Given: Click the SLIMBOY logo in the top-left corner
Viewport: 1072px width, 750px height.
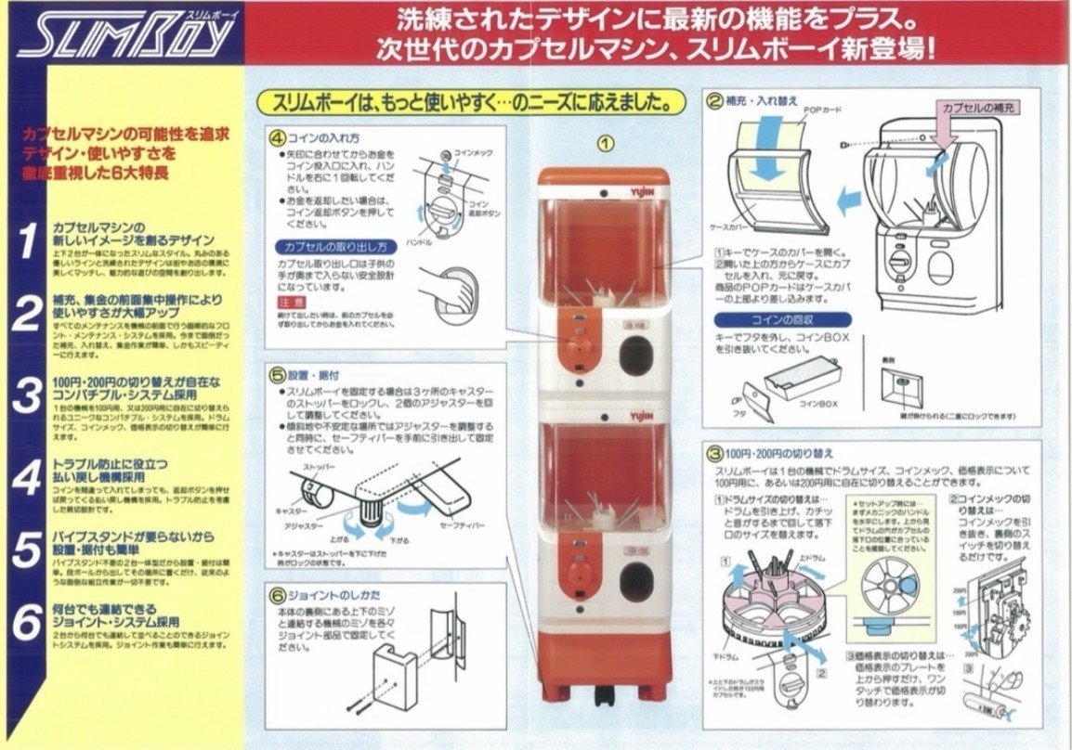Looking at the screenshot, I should tap(124, 38).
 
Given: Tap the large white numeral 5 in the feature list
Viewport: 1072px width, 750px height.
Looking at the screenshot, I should tap(27, 550).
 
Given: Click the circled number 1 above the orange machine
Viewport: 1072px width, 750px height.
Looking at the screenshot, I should tap(605, 144).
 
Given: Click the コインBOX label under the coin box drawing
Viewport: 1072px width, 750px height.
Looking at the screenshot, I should tap(818, 404).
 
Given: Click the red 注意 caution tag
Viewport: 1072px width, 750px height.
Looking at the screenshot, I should tap(291, 302).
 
